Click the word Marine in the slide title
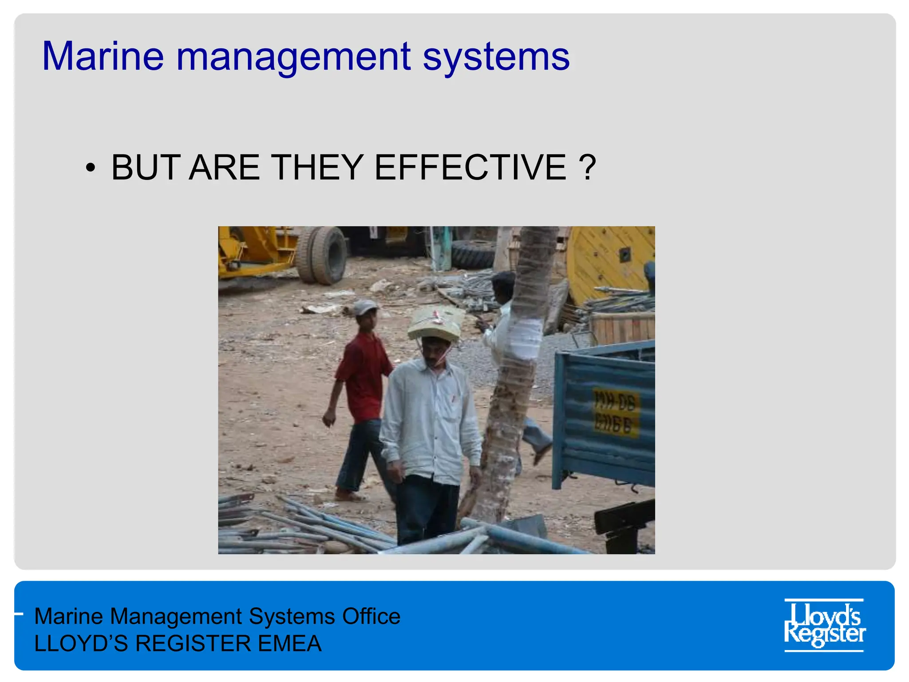(x=103, y=57)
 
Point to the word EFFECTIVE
(x=470, y=167)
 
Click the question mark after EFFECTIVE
(x=587, y=167)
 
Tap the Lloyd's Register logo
(x=824, y=625)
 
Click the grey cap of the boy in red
(x=365, y=307)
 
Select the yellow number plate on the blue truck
(x=616, y=413)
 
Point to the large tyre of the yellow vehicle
(x=323, y=255)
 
